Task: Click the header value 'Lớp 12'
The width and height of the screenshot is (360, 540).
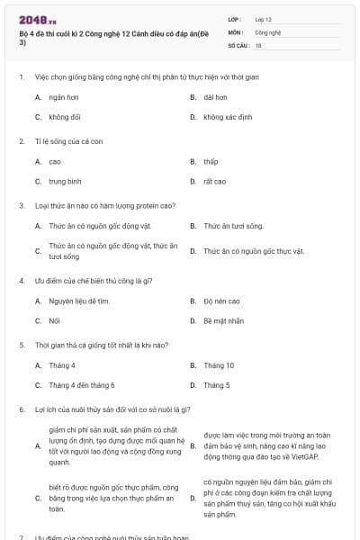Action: (x=263, y=18)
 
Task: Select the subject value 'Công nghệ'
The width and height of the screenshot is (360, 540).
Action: (x=267, y=31)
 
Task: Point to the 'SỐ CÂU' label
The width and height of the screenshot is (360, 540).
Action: (x=237, y=43)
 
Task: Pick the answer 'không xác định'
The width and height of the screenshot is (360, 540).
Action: (x=227, y=117)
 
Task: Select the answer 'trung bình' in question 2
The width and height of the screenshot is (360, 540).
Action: (x=65, y=181)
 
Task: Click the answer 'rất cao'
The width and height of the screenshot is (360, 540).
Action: (x=214, y=181)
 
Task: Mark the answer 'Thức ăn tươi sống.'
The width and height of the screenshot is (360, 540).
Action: (x=233, y=226)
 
